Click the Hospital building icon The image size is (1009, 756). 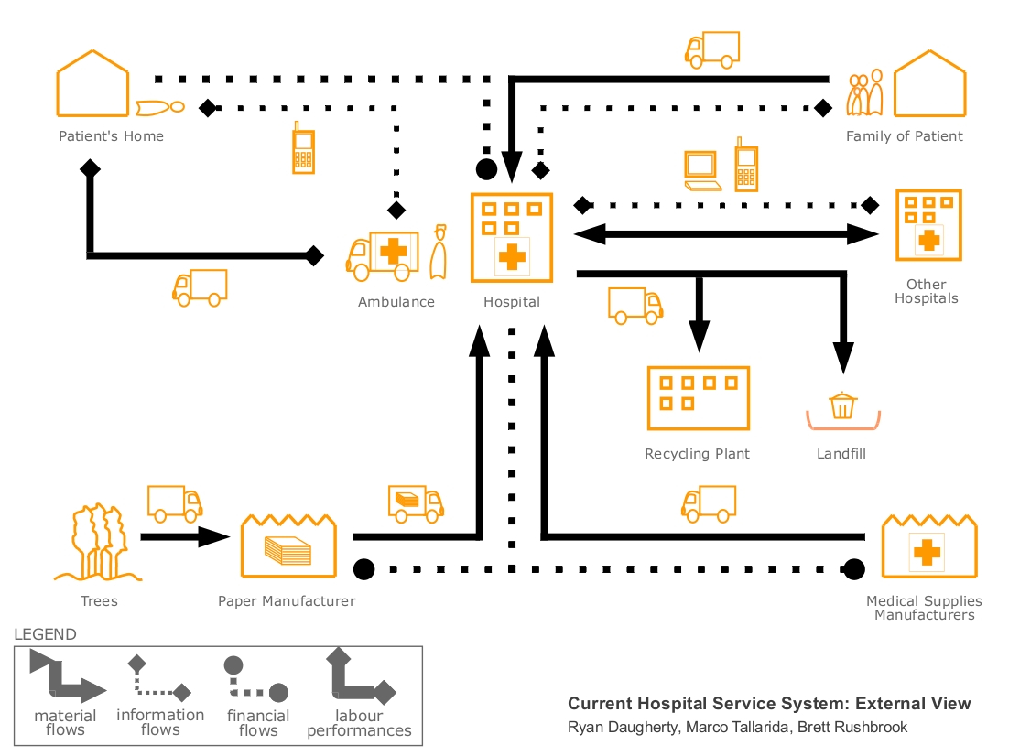pos(512,237)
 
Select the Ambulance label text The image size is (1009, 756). pos(396,302)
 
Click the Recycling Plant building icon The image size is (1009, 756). pos(698,398)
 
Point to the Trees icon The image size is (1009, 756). pos(97,544)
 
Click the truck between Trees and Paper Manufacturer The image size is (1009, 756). pos(174,503)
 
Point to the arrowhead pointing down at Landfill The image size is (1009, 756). pos(843,356)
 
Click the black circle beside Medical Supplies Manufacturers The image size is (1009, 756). pos(855,569)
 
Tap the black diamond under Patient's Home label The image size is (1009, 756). pos(90,168)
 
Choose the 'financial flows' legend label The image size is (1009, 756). pos(258,723)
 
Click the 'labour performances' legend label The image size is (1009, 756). pos(359,723)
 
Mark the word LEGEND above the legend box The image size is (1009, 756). pos(46,634)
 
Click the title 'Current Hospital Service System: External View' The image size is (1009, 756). pos(769,704)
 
